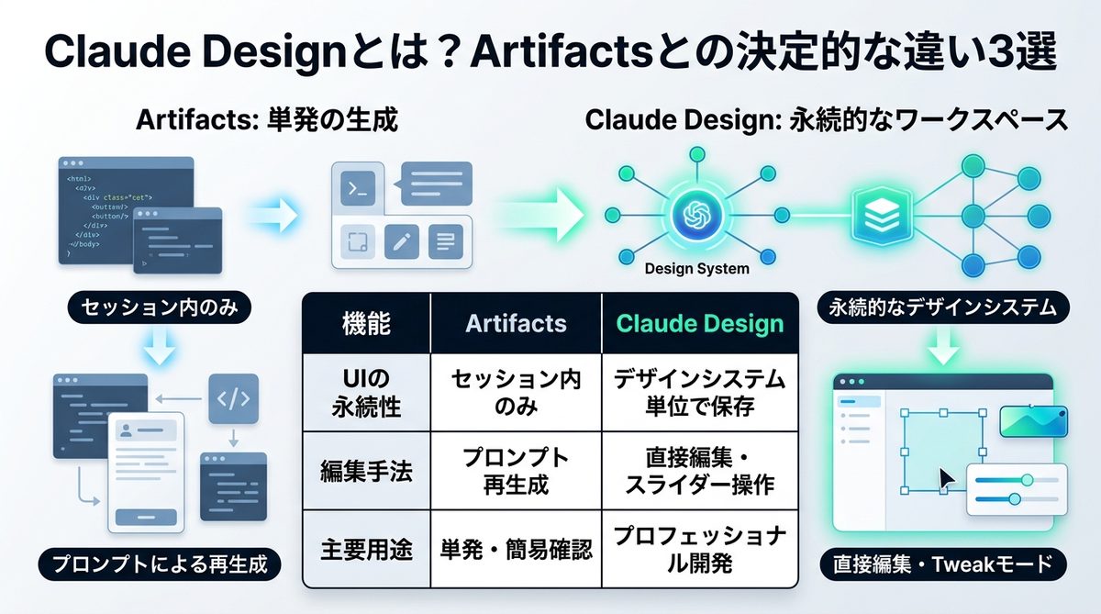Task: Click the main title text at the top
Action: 550,52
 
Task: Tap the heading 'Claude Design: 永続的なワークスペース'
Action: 826,120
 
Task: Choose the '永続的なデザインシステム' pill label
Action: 943,307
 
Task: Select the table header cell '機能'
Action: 365,323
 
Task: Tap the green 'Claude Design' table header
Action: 700,323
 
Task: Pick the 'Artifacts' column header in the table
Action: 516,323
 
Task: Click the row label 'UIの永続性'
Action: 365,393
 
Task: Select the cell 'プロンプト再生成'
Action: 516,471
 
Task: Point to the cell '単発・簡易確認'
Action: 516,549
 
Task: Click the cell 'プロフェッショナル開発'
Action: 700,549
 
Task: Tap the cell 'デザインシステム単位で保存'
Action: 700,393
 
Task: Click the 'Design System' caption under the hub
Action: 696,269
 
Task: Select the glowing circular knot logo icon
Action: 696,215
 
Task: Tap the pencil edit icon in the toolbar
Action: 401,242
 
